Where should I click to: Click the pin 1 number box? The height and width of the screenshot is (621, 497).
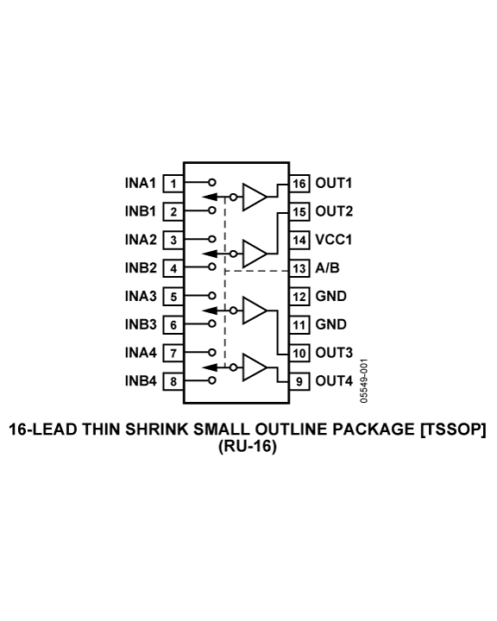click(173, 184)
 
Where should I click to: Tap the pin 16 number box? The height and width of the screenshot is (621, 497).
click(299, 184)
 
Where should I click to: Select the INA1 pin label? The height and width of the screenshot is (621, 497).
click(141, 184)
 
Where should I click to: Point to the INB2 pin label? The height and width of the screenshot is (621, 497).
click(141, 267)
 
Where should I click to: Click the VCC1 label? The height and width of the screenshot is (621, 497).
click(333, 240)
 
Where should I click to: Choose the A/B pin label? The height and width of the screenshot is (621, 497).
click(327, 267)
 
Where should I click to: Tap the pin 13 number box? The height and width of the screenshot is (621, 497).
click(299, 268)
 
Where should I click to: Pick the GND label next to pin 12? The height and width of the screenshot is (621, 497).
click(331, 296)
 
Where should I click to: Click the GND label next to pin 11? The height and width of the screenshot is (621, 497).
click(331, 324)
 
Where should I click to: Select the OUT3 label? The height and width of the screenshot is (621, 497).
click(334, 353)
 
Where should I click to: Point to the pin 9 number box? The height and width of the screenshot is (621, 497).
click(299, 381)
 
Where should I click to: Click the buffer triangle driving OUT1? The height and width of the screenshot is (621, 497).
click(255, 197)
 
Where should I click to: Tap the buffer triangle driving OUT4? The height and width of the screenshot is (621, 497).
click(255, 367)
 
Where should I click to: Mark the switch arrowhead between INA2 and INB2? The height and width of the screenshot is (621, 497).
click(210, 254)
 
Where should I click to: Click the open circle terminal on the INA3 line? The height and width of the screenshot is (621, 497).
click(212, 296)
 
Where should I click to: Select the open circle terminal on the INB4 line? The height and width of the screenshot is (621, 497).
click(212, 380)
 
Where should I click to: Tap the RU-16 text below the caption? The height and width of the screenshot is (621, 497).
click(247, 446)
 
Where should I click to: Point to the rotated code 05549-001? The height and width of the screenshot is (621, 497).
click(364, 380)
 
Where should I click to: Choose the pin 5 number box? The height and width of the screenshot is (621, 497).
click(173, 297)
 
